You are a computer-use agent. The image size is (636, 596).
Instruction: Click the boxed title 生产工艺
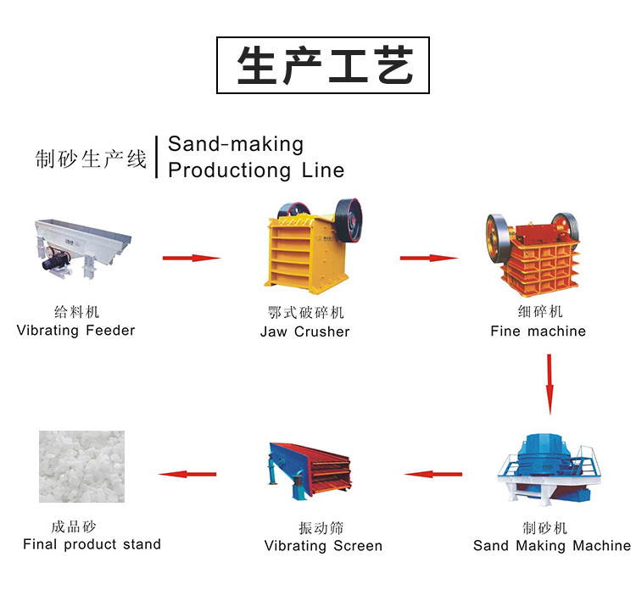point(323,65)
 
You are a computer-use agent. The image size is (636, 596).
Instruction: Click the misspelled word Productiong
point(229,170)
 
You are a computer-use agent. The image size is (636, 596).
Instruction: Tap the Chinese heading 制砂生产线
point(91,159)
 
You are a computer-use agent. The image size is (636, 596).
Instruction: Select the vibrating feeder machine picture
point(83,248)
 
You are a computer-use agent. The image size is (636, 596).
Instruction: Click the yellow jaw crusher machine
point(312,247)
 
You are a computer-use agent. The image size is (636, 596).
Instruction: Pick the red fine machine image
point(533,253)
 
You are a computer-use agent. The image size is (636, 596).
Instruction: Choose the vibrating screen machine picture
point(309,471)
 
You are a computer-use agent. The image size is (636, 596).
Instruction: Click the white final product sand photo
point(81,466)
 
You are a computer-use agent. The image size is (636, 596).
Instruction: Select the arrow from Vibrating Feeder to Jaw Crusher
point(192,258)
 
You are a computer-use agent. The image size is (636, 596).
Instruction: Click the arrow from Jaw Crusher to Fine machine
point(429,258)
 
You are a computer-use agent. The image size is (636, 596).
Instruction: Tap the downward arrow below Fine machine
point(550,384)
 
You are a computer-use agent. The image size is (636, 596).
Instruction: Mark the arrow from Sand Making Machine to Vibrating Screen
point(433,474)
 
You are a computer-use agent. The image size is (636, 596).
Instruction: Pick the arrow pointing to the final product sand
point(187,474)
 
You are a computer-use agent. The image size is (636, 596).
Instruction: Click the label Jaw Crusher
point(304,331)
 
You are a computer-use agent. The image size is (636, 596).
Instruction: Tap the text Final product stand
point(92,544)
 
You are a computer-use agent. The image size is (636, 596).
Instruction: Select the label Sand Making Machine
point(552,546)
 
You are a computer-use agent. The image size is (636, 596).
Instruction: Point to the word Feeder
point(110,331)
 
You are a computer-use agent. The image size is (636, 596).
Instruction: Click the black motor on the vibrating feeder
point(56,259)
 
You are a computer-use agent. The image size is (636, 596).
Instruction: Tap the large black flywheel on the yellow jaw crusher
point(349,220)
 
